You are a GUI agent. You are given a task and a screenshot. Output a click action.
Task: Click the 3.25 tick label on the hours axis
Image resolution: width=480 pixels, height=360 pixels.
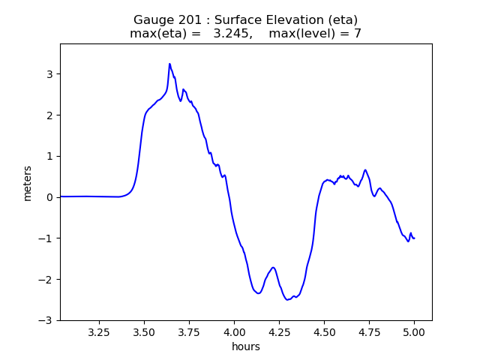tap(99, 331)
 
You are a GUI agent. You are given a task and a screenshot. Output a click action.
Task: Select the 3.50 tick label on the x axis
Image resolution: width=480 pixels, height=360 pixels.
tap(144, 331)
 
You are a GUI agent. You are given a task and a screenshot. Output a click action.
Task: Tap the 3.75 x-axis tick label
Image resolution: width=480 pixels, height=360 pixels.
tap(189, 331)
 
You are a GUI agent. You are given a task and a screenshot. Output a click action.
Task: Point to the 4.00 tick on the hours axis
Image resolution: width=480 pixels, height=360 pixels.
tap(234, 331)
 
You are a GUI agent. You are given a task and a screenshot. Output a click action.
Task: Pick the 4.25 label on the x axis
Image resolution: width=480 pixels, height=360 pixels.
tap(279, 331)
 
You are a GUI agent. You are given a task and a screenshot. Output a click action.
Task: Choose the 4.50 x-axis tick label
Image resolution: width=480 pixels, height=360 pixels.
tap(324, 331)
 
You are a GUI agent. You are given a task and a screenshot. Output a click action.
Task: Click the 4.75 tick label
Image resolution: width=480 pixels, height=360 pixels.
tap(369, 331)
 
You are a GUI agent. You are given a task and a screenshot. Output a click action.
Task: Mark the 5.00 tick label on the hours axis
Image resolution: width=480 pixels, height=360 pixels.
tap(414, 331)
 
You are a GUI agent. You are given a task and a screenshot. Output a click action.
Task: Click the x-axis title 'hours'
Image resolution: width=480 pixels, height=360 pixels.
tap(246, 346)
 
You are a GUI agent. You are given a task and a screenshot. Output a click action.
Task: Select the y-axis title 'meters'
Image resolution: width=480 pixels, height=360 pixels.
tap(28, 182)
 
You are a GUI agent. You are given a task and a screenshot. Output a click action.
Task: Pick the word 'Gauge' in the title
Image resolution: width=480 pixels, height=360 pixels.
tap(153, 19)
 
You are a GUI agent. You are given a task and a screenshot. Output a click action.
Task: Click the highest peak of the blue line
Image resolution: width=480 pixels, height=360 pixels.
tap(169, 64)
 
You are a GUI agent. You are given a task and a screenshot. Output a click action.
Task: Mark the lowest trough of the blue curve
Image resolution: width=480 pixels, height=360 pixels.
tap(287, 300)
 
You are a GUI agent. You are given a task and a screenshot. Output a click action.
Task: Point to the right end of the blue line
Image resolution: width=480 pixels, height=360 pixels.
tap(414, 238)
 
